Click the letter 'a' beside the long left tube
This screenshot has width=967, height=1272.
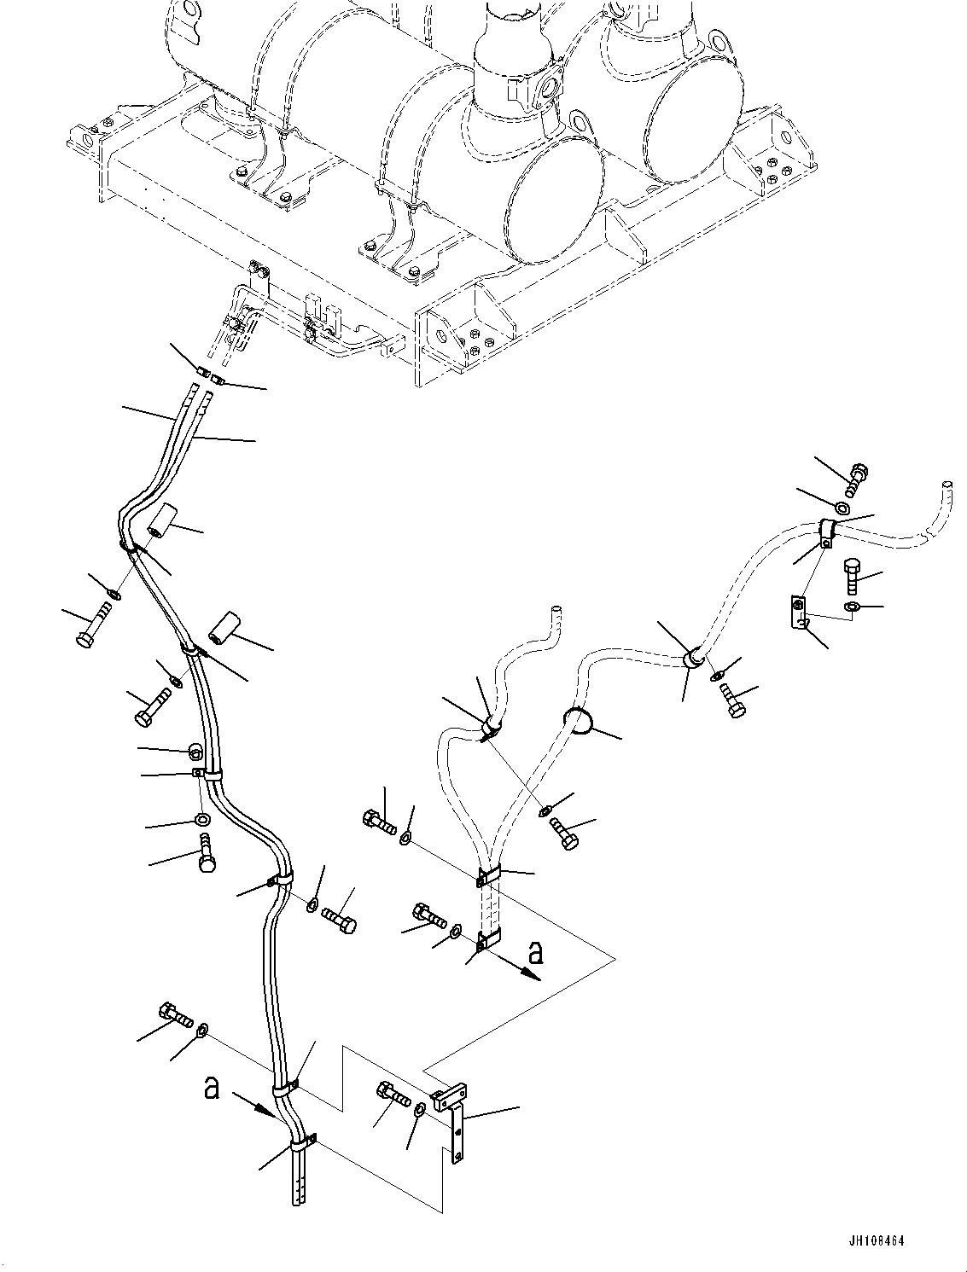[x=213, y=1089]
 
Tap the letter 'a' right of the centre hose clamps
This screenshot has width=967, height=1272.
[x=534, y=950]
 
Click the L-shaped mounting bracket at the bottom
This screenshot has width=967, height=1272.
[x=452, y=1118]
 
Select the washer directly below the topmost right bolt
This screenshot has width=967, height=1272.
[x=842, y=509]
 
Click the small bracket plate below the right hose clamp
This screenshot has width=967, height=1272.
[x=798, y=613]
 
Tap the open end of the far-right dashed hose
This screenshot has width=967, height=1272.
[x=946, y=486]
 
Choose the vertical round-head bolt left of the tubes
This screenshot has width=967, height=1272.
[x=207, y=854]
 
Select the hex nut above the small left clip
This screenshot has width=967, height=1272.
[x=195, y=751]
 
